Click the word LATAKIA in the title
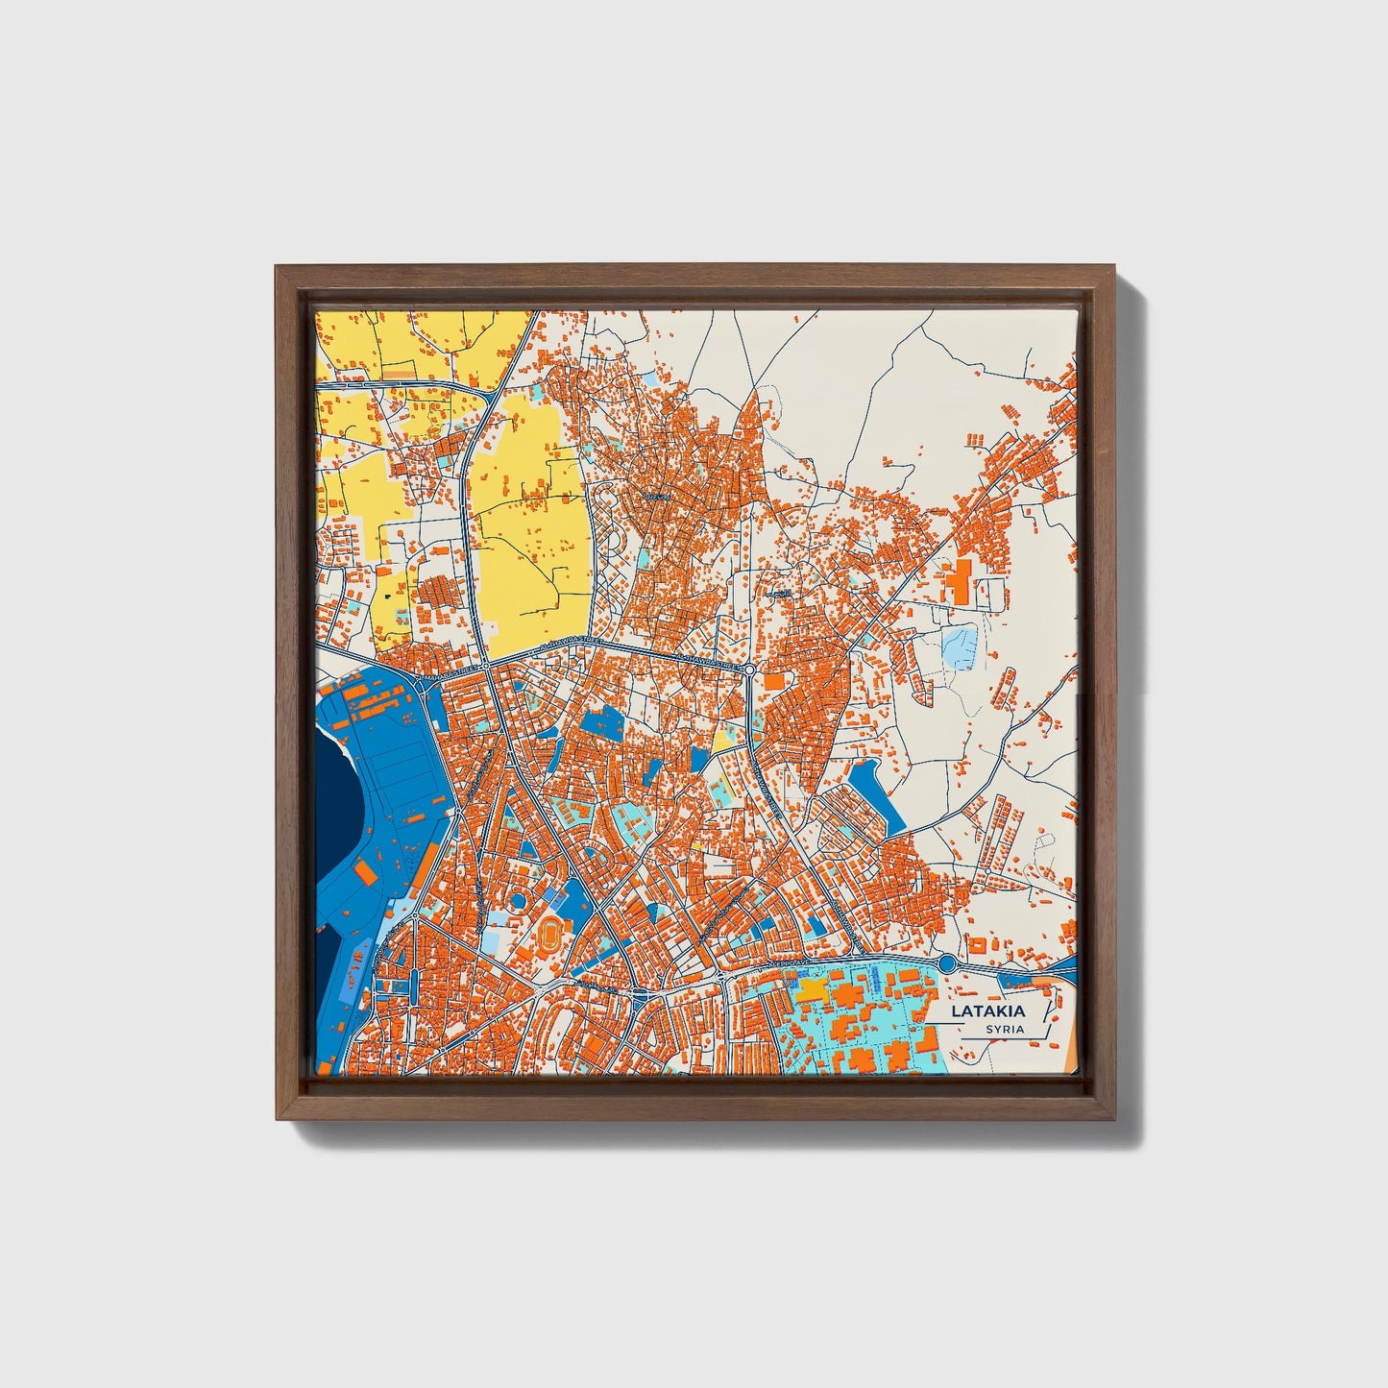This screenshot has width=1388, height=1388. point(987,1011)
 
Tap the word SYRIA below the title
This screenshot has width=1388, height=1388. point(1004,1030)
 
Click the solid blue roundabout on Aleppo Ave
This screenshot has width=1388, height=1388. point(946,963)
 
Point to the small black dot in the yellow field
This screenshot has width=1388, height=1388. point(387,596)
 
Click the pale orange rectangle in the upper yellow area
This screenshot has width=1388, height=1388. point(402,368)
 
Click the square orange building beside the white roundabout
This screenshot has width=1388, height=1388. point(774,681)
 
